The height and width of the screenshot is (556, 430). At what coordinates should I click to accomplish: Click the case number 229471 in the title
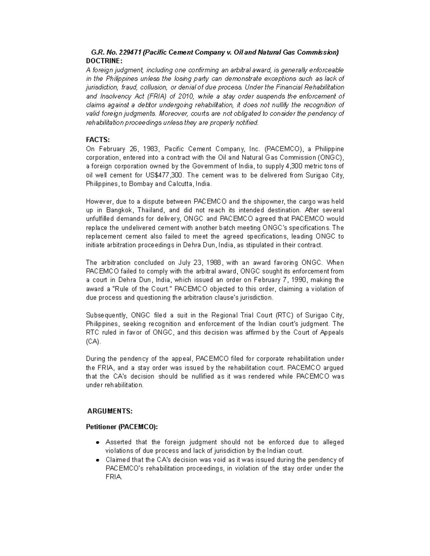[130, 52]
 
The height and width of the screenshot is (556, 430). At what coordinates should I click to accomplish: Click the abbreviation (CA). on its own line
[94, 342]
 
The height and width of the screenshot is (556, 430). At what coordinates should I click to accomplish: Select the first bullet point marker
[97, 443]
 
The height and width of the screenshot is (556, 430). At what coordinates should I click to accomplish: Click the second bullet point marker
[97, 460]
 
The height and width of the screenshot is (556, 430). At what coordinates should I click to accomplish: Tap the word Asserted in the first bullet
[118, 442]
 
